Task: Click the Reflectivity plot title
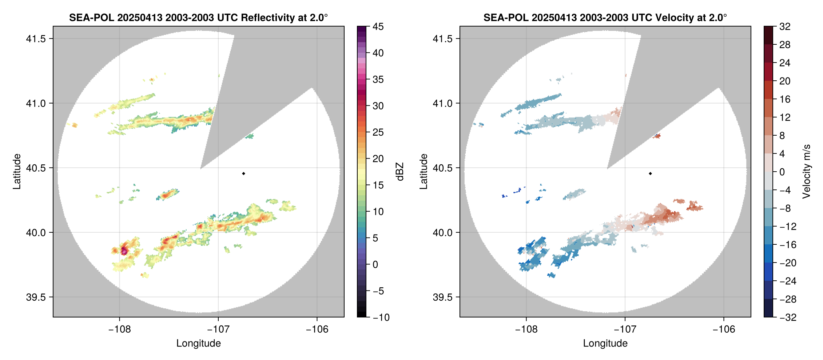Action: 198,17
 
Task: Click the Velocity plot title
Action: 605,17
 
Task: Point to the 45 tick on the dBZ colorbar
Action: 378,27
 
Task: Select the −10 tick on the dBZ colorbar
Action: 381,317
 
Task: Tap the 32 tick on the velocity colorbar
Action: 784,27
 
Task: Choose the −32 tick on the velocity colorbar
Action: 787,317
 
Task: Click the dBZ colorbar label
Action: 400,172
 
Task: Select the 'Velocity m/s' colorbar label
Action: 807,172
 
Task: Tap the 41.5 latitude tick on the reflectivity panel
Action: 36,39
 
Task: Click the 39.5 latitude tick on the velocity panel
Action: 442,297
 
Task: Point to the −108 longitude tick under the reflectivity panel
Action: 119,329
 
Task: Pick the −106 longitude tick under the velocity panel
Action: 723,329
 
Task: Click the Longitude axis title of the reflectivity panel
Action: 198,343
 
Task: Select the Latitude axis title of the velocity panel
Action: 424,172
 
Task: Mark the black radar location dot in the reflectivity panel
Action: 243,173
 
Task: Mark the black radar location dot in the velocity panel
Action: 650,173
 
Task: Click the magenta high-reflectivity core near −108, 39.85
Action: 124,250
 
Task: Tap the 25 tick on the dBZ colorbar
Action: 378,132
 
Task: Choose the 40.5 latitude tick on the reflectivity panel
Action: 36,168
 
